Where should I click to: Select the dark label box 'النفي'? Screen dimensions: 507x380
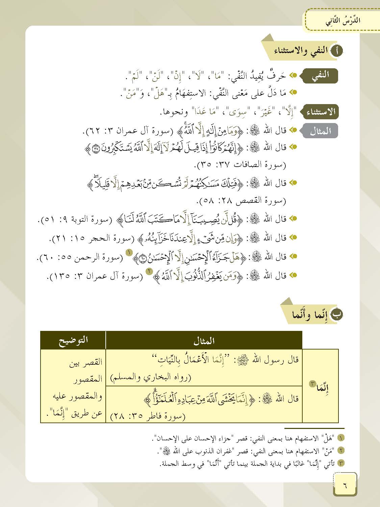coord(321,75)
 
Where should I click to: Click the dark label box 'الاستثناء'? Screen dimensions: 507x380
coord(323,112)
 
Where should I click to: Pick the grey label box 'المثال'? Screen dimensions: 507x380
coord(320,131)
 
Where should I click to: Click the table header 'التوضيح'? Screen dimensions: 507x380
coord(73,340)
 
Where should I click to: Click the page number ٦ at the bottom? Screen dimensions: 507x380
coord(345,485)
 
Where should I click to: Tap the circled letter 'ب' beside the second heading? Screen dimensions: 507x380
coord(337,314)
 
